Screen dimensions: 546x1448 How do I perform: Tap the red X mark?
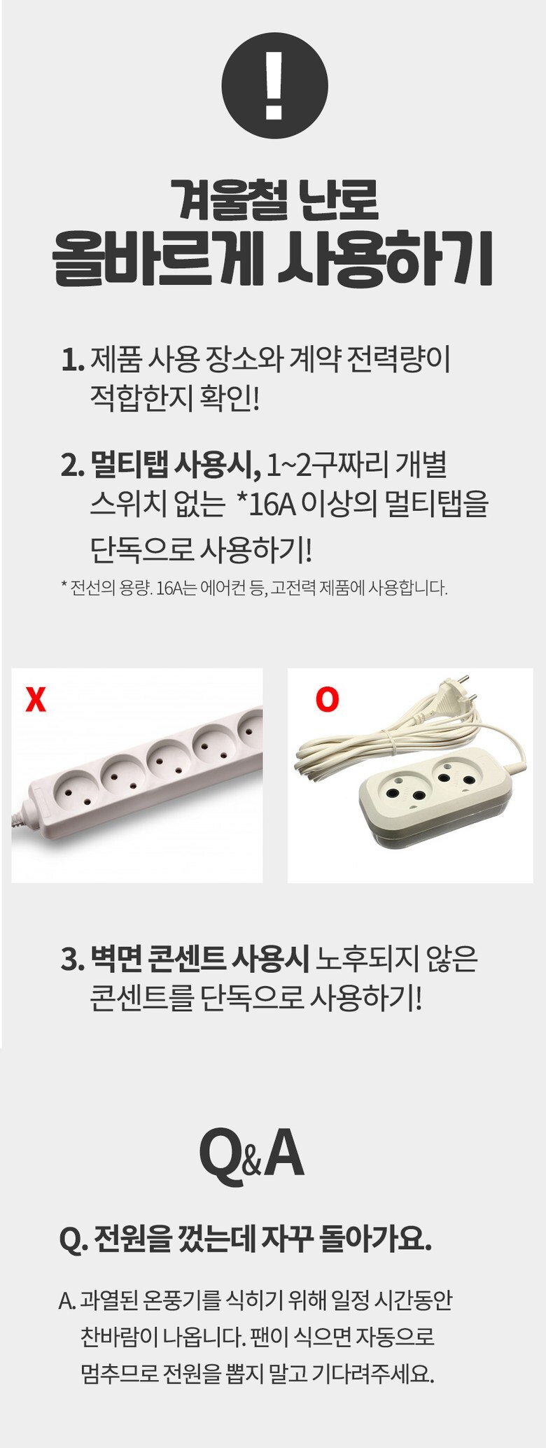tap(36, 699)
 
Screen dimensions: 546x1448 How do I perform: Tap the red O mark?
tap(327, 699)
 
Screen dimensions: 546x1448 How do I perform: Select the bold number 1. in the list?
tap(73, 361)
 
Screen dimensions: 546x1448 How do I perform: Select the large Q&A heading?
tap(252, 1155)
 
